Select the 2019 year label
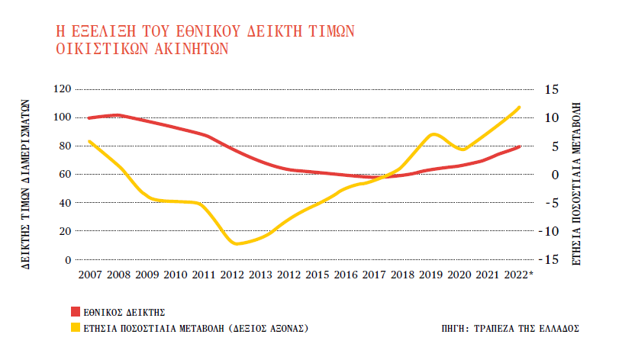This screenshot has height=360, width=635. click(433, 275)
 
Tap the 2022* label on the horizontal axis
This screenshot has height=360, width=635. click(521, 275)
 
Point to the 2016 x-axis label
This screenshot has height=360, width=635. click(347, 275)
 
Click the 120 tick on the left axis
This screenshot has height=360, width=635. click(62, 89)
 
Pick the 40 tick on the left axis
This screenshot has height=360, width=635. click(65, 203)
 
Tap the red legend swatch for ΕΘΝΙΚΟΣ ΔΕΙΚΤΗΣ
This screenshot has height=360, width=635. click(75, 312)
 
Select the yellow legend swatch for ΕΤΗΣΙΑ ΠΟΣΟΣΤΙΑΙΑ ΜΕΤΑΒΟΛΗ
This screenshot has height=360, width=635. click(75, 328)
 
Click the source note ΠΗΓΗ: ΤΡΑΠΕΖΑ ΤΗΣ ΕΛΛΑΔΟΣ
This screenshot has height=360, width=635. click(511, 328)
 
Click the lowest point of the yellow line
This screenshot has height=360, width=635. click(237, 244)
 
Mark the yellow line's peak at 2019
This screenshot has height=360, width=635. click(434, 133)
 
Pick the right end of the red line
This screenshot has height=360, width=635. click(521, 146)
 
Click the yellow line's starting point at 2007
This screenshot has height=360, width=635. click(89, 141)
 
